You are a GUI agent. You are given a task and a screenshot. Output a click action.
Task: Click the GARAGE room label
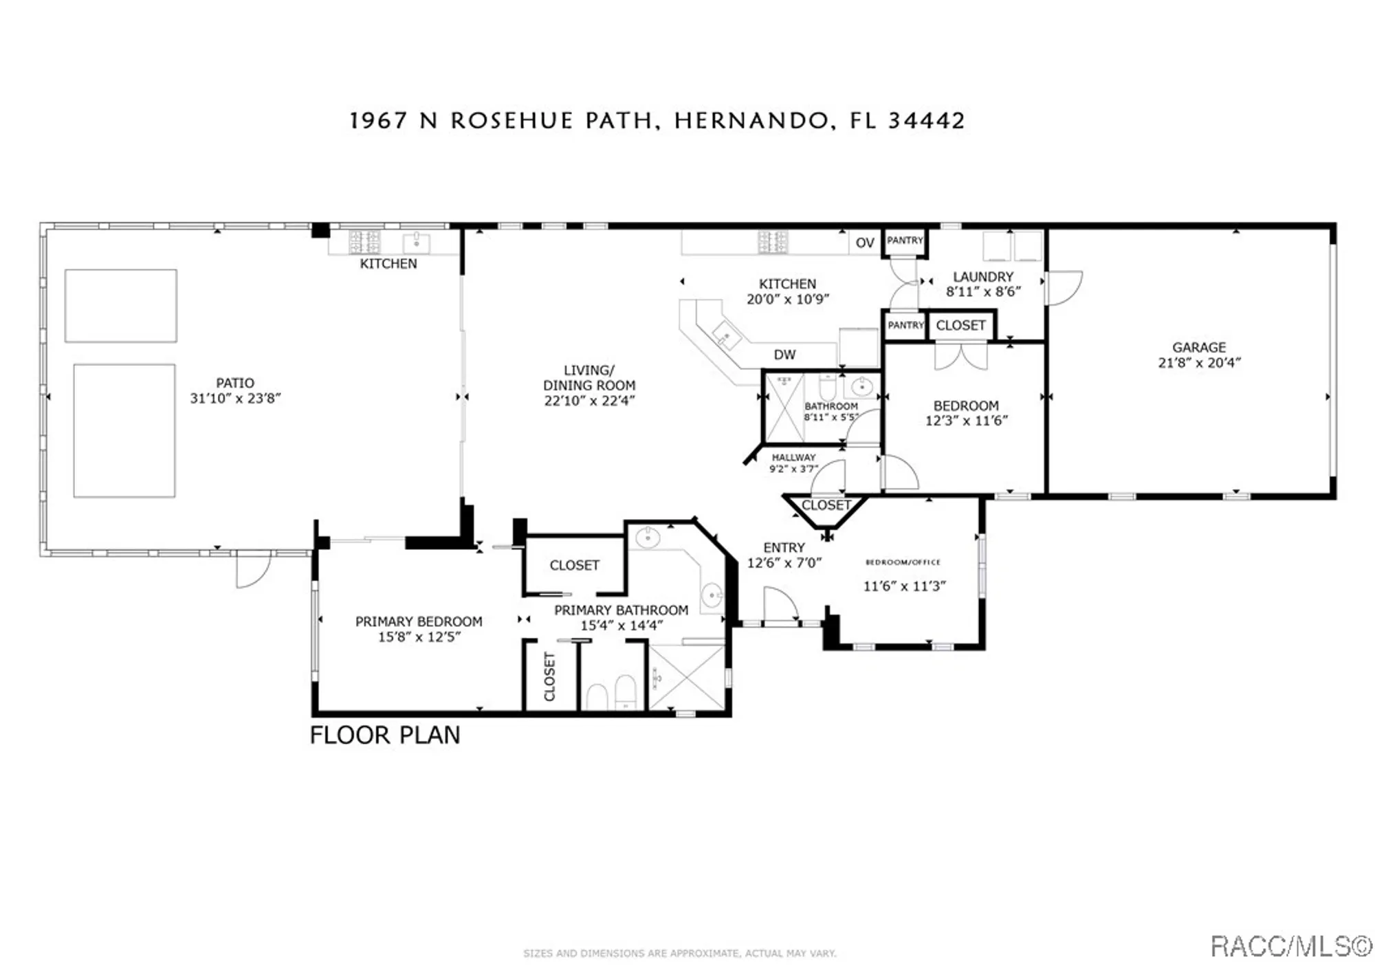[x=1199, y=348]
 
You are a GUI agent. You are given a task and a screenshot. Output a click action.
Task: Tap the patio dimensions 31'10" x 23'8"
[x=235, y=399]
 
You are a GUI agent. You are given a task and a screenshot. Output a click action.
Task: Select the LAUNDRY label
[x=983, y=276]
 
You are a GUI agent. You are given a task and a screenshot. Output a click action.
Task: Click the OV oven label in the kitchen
[x=865, y=243]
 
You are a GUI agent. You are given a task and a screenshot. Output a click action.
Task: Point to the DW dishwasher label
[x=784, y=355]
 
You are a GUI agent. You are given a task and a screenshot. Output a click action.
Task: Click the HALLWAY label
[x=793, y=458]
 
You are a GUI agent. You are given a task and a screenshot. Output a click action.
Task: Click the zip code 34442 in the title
[x=926, y=121]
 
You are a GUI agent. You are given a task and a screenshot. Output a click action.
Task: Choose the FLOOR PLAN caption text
[x=384, y=736]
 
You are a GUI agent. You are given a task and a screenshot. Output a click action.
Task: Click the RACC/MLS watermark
[x=1290, y=947]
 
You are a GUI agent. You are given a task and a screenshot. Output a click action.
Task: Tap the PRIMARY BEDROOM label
[x=419, y=621]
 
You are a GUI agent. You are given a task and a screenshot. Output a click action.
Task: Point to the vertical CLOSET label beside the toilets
[x=549, y=677]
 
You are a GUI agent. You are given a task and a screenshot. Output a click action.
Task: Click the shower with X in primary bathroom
[x=687, y=677]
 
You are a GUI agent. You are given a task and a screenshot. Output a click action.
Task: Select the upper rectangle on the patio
[x=121, y=306]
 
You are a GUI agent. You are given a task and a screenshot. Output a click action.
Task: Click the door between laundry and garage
[x=1062, y=287]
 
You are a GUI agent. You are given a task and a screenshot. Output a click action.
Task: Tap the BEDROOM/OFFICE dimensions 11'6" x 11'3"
[x=904, y=586]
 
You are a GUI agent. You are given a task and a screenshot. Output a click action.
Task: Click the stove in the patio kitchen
[x=364, y=242]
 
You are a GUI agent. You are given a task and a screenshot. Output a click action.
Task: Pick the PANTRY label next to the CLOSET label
[x=905, y=325]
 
